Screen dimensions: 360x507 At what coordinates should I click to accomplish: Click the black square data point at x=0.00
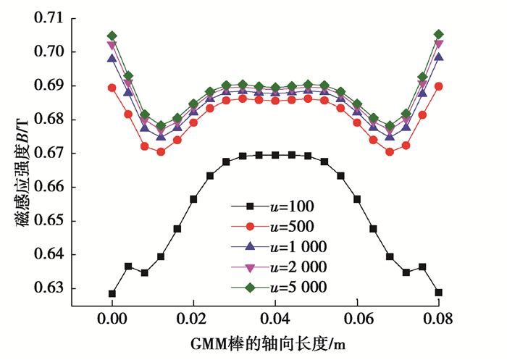pos(112,293)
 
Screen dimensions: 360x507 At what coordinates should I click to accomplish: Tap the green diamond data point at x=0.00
pos(112,35)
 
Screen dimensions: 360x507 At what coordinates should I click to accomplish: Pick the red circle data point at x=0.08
pos(439,86)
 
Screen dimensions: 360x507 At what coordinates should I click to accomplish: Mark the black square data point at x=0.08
pos(439,293)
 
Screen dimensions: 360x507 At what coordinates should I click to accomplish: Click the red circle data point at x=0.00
pos(112,88)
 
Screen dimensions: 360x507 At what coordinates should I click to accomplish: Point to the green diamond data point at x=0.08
pos(439,34)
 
